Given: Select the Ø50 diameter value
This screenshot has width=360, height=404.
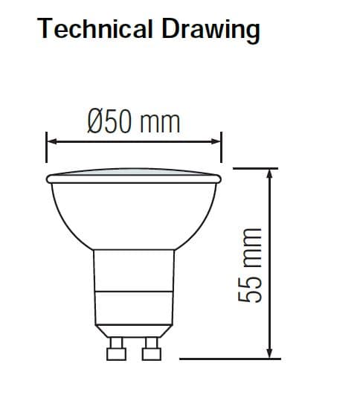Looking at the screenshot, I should (111, 121).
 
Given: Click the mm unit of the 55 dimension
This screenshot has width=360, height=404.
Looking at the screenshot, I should (251, 245).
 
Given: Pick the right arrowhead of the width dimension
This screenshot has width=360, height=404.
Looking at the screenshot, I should (217, 139).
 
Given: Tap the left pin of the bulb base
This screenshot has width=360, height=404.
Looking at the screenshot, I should (116, 349).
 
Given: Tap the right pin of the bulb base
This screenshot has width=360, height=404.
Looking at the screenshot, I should (152, 349).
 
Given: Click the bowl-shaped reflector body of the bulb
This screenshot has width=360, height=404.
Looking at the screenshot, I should (134, 216).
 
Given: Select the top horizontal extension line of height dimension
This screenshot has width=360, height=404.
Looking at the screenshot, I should (257, 167).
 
